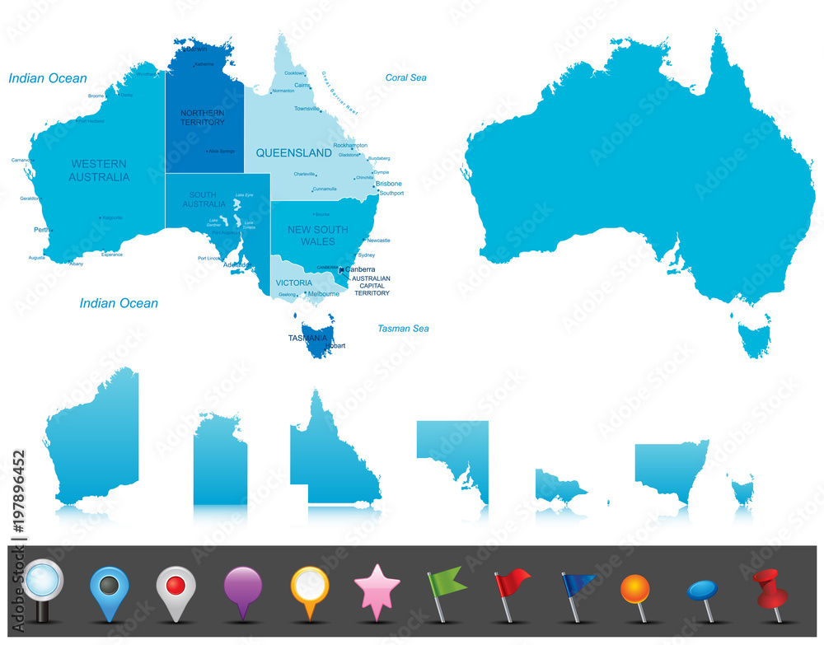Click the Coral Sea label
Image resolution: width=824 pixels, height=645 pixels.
[406, 77]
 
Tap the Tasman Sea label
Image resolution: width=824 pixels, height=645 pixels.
[403, 329]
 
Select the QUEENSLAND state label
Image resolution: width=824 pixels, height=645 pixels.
[293, 152]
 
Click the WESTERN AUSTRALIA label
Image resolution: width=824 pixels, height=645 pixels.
[99, 171]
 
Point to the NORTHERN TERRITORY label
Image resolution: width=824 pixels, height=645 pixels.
[202, 117]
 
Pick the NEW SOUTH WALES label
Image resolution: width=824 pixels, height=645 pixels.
[317, 236]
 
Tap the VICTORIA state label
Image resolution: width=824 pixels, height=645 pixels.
[293, 283]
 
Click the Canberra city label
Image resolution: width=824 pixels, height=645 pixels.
[360, 269]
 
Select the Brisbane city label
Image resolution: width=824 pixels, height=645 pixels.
[389, 184]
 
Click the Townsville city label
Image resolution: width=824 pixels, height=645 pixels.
[307, 109]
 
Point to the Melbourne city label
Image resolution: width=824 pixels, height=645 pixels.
[323, 293]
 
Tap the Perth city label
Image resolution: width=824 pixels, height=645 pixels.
[42, 230]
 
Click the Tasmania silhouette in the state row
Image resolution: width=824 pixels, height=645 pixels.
[742, 492]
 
